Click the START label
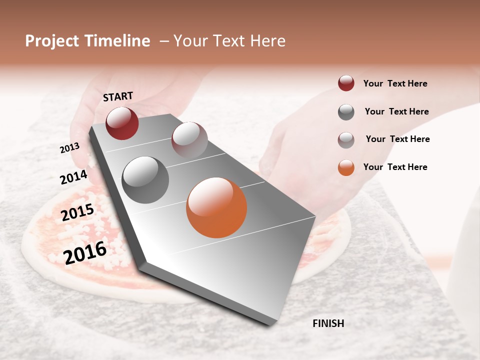pos(118,96)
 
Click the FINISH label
pos(328,323)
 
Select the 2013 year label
pos(70,147)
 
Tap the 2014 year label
pos(74,177)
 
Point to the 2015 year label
pos(77,212)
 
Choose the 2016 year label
pos(85,252)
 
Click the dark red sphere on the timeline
pos(122,123)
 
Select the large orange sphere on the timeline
pos(216,207)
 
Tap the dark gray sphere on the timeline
pos(145,180)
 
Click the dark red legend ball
pos(346,83)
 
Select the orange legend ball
pos(346,167)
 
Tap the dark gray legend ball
pos(346,112)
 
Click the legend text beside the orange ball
pos(395,167)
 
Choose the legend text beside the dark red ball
pos(395,83)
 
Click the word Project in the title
pos(51,41)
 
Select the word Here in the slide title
pos(268,41)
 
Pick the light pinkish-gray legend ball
pos(346,140)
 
